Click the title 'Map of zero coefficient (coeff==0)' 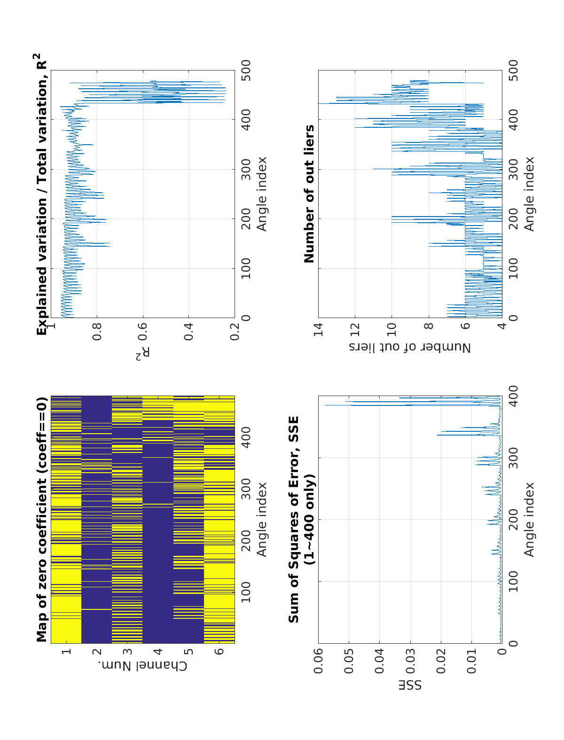coord(42,519)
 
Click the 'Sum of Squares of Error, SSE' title coord(294,519)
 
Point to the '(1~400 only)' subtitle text coord(309,519)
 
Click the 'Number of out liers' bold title coord(309,194)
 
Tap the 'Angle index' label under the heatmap coord(261,519)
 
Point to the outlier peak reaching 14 coord(320,103)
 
